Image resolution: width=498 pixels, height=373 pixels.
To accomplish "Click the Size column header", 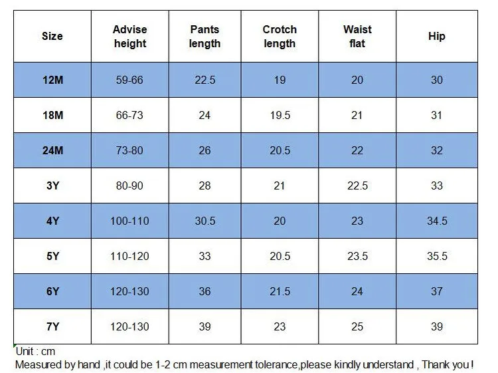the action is [x=52, y=36].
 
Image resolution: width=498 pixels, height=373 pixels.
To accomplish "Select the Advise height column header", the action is [x=130, y=37].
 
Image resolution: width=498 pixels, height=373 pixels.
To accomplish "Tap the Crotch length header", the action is [x=280, y=37].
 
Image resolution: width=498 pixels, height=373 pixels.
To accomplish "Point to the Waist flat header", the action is [x=357, y=37].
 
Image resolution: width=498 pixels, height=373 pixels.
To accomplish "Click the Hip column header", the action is [x=437, y=37].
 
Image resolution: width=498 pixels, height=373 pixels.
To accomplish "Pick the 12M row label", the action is [x=52, y=80].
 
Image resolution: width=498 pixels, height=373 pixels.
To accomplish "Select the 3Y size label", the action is [x=52, y=186].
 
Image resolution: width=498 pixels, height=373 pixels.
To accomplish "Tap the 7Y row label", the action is [x=52, y=326].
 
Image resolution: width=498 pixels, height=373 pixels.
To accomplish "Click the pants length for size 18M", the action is [x=205, y=115].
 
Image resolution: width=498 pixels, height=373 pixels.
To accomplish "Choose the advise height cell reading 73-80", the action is [x=129, y=150].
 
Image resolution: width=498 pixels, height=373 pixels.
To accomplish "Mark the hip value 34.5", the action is [x=437, y=221].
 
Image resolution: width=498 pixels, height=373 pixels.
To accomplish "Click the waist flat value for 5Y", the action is [x=358, y=256].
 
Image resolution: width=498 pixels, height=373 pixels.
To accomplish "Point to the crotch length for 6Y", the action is [x=280, y=291].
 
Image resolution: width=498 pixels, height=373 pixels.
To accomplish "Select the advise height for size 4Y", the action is [x=129, y=221].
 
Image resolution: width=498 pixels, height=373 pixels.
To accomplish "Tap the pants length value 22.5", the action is [x=205, y=80].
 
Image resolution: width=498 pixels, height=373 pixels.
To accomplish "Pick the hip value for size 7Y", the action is [x=437, y=326].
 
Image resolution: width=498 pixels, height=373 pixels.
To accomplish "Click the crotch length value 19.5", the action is [x=280, y=115].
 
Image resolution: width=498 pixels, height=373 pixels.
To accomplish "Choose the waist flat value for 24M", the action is [x=357, y=150].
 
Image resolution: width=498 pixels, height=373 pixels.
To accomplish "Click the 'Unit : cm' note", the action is [x=35, y=351].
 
